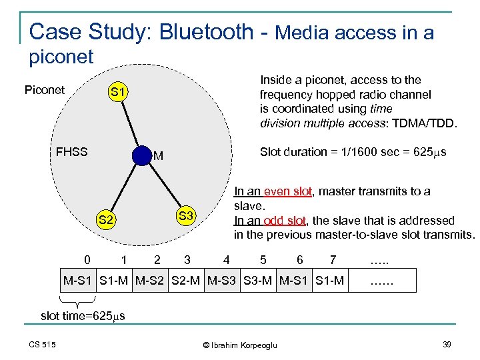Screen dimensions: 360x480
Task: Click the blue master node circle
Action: point(142,155)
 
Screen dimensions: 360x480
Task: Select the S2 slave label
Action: point(107,220)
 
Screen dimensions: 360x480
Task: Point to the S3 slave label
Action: point(186,215)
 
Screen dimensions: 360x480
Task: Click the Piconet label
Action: point(44,90)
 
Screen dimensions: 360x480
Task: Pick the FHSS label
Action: point(71,151)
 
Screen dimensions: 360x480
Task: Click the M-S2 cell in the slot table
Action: point(152,280)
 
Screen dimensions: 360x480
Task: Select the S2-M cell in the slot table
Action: point(187,280)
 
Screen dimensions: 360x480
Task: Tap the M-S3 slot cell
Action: point(223,280)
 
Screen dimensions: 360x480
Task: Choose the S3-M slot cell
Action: point(257,280)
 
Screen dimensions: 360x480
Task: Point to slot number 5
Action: point(263,259)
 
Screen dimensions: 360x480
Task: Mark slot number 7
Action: point(333,259)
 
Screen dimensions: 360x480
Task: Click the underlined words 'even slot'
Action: point(288,191)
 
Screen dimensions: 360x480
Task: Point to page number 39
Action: point(447,344)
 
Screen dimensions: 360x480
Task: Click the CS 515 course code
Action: point(42,344)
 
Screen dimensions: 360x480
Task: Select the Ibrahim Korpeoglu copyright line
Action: point(239,345)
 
